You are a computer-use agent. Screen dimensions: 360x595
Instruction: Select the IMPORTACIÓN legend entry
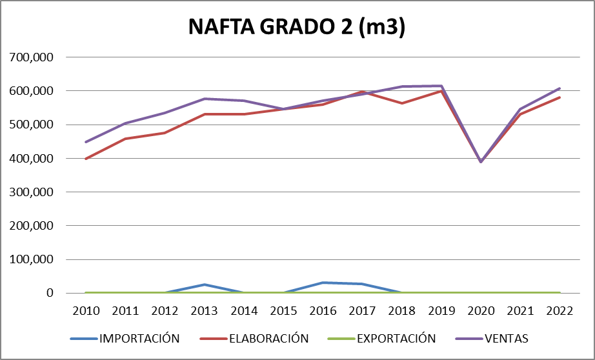(139, 338)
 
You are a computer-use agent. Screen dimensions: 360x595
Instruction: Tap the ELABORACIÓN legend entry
(268, 338)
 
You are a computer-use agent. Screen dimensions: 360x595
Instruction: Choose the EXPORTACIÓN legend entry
(396, 338)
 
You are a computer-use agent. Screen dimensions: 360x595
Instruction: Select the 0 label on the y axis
(48, 294)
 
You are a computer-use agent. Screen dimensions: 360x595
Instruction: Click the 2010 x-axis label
(86, 310)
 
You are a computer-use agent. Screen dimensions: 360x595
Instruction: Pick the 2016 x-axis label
(323, 310)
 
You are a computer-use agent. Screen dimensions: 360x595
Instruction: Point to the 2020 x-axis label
(481, 310)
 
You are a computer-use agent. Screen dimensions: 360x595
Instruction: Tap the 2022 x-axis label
(560, 310)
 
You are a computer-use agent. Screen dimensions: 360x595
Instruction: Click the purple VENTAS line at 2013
(205, 99)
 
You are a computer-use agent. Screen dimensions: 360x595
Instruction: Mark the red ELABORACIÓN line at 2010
(86, 159)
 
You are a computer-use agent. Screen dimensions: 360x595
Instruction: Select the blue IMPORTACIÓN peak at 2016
(323, 283)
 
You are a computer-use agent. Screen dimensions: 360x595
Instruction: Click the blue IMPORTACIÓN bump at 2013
(205, 285)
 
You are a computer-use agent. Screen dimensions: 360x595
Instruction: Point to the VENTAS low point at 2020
(481, 162)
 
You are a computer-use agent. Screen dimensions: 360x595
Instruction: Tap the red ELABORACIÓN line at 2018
(402, 103)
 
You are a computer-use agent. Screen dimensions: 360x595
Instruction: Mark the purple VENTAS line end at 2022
(560, 88)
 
